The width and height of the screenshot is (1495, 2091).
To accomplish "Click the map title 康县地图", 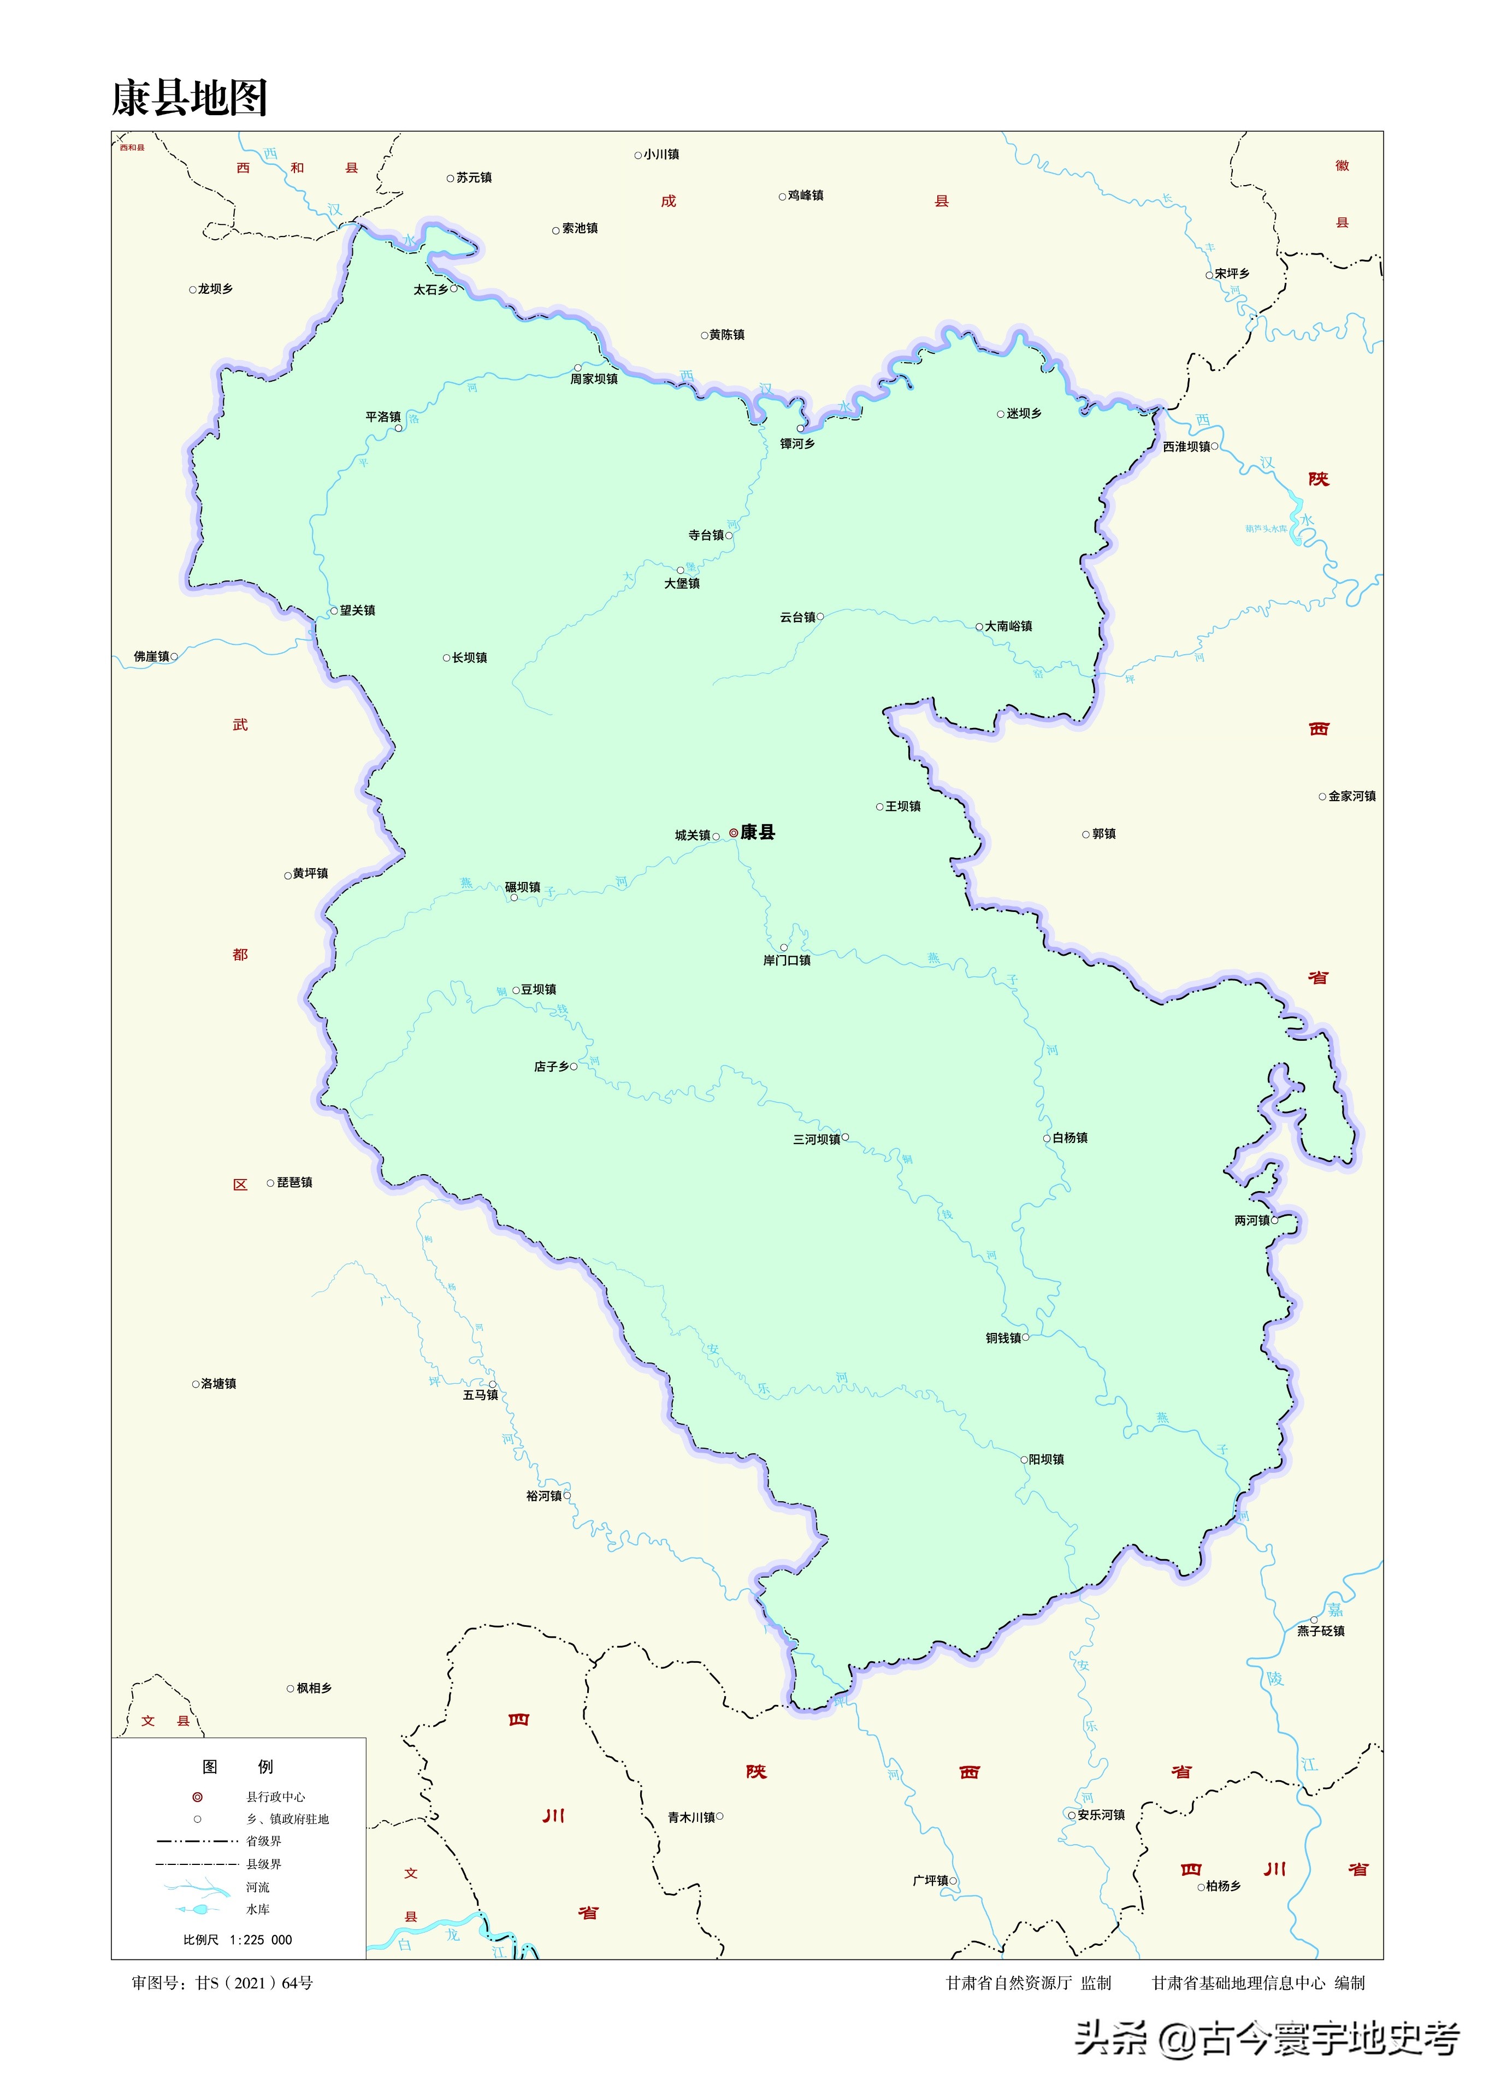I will tap(190, 98).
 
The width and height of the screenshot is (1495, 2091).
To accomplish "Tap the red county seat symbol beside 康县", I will tap(734, 833).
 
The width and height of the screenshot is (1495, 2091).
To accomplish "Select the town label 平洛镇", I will tap(383, 417).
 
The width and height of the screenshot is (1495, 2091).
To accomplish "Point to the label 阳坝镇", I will tap(1047, 1460).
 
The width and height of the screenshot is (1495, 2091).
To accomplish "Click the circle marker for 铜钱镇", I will tap(1025, 1337).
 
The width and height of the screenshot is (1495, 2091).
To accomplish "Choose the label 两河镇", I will tap(1252, 1221).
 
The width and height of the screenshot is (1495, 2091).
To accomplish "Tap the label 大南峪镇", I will tap(1009, 626).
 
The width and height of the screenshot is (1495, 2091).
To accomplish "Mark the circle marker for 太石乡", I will tap(454, 288).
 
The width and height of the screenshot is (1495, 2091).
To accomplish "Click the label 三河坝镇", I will tap(817, 1139).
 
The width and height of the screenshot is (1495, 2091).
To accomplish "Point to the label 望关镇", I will tap(357, 610).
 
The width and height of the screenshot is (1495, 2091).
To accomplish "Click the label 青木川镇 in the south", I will tap(692, 1817).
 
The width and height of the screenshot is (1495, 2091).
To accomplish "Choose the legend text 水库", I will tap(258, 1910).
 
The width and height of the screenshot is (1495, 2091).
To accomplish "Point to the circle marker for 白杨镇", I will tap(1047, 1139).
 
